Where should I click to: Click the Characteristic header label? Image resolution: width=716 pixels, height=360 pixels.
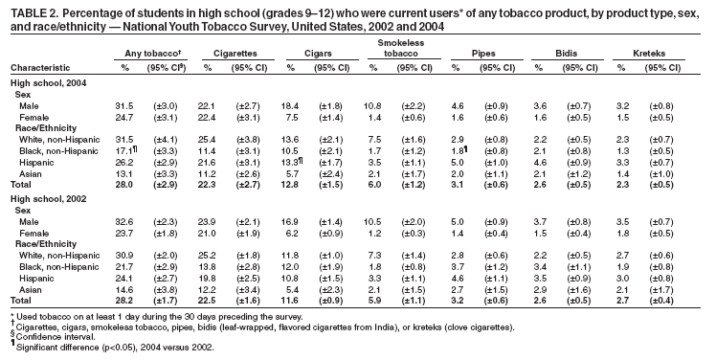point(39,69)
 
